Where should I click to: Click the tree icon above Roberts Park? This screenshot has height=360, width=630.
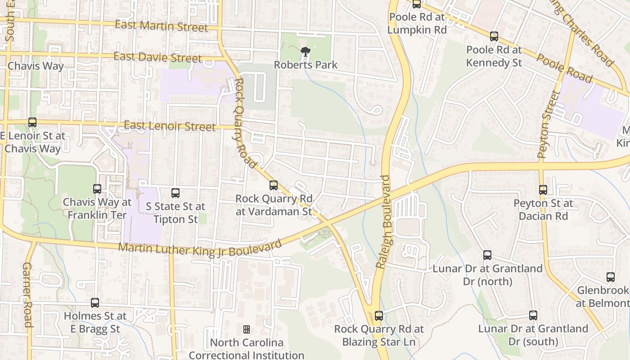click(306, 51)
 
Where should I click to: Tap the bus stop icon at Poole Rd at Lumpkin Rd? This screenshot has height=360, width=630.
click(417, 4)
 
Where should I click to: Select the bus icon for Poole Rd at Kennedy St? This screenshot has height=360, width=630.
click(494, 36)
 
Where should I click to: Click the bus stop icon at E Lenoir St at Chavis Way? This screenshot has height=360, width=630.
click(32, 122)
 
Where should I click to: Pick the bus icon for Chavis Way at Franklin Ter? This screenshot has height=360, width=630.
click(97, 189)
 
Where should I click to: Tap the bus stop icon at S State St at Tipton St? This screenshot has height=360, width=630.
click(175, 193)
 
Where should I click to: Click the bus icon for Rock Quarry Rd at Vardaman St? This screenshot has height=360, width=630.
click(274, 185)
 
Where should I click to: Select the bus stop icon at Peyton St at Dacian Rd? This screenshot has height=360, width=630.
click(543, 190)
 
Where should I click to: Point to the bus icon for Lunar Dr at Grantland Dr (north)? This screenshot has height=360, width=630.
click(487, 255)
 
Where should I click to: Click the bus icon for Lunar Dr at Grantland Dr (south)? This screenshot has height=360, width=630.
click(533, 315)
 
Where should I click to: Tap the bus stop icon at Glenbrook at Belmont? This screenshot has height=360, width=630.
click(611, 277)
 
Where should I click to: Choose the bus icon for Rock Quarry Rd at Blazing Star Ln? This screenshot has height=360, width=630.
click(379, 316)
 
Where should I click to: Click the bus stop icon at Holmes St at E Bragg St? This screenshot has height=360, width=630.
click(95, 303)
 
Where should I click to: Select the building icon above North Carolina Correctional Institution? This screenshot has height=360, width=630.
click(247, 329)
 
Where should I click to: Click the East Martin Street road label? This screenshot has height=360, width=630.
click(162, 26)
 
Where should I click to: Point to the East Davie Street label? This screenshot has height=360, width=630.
click(157, 58)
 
